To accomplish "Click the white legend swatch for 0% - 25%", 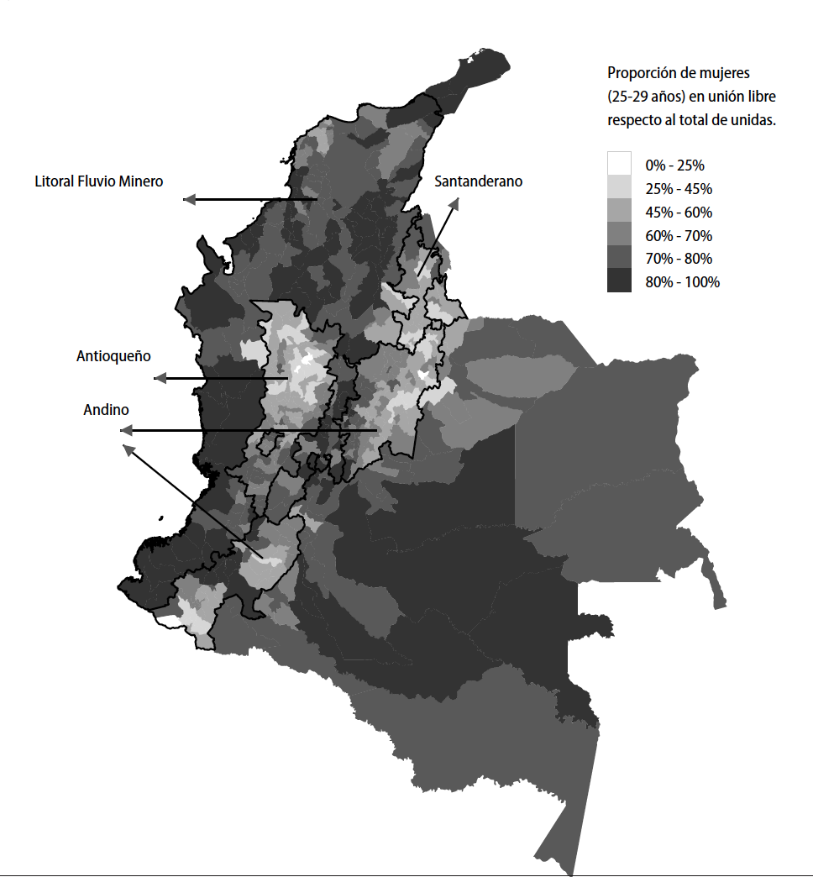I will pos(620,163).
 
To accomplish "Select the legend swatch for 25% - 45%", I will pos(620,186).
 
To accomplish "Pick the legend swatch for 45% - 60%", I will pos(620,210).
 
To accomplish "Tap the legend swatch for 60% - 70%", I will pos(620,234).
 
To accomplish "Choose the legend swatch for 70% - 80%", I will pos(620,257).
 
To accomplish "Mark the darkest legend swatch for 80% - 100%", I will pos(620,281).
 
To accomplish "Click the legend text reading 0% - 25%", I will pos(674,165).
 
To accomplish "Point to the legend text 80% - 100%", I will pos(682,282).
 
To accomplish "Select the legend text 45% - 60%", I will pos(678,212).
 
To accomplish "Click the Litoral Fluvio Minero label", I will pos(99,181).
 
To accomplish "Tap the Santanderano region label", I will pos(478,181).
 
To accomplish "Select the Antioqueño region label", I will pos(113,356).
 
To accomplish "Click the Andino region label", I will pos(106,410).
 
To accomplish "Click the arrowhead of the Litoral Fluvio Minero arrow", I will pos(189,199).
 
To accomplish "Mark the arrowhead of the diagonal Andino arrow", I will pos(129,450).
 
